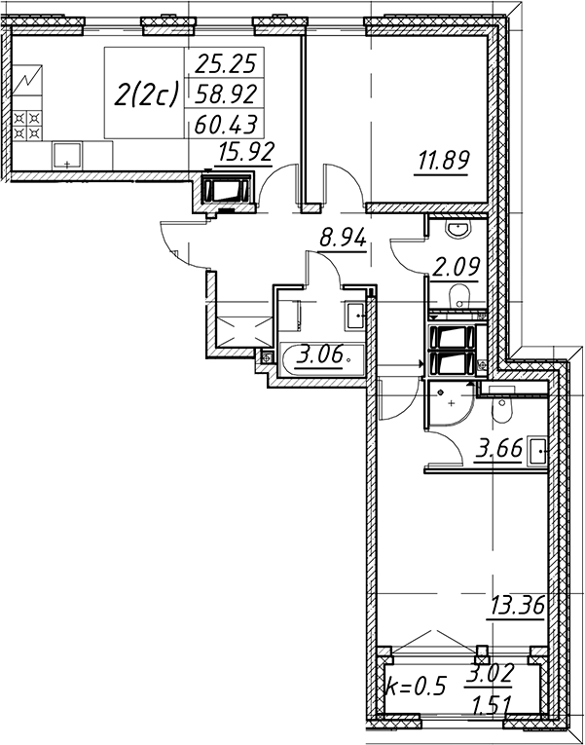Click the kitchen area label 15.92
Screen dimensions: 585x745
pyautogui.click(x=246, y=153)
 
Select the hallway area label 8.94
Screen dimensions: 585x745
pyautogui.click(x=343, y=237)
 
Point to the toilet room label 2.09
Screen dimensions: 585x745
pyautogui.click(x=456, y=267)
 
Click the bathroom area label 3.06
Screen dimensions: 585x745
pyautogui.click(x=319, y=355)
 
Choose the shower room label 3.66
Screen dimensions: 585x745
pyautogui.click(x=499, y=448)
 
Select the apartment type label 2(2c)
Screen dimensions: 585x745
pyautogui.click(x=145, y=94)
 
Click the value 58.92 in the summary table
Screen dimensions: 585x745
pyautogui.click(x=226, y=93)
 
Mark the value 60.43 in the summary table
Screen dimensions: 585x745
pyautogui.click(x=226, y=126)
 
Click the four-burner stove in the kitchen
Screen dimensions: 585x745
pyautogui.click(x=27, y=126)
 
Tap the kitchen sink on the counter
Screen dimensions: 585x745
pyautogui.click(x=67, y=155)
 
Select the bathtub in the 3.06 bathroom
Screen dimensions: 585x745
pyautogui.click(x=322, y=359)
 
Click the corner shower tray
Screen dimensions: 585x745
pyautogui.click(x=448, y=404)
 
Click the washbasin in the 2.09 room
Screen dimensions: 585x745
pyautogui.click(x=457, y=229)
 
